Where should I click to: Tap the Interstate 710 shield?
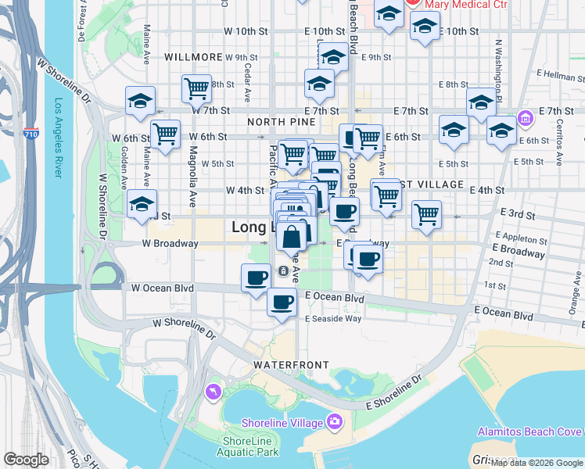(x=31, y=134)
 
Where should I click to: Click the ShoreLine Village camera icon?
(x=335, y=422)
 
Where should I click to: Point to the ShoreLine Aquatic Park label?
(x=246, y=446)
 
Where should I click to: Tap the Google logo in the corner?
(x=26, y=460)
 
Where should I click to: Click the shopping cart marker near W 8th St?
(x=196, y=88)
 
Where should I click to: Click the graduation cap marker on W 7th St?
(x=141, y=100)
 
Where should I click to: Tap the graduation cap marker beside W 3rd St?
(x=142, y=204)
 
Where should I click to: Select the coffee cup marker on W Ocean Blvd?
(x=255, y=278)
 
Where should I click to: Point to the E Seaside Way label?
(x=333, y=318)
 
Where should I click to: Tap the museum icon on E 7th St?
(x=524, y=120)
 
